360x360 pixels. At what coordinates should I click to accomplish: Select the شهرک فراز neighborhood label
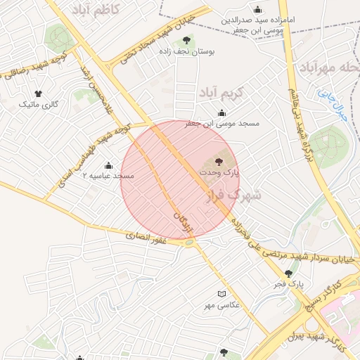pyautogui.click(x=235, y=195)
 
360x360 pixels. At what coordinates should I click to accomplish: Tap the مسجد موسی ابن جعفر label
pyautogui.click(x=222, y=123)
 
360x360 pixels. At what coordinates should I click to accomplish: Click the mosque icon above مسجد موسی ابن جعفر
pyautogui.click(x=222, y=113)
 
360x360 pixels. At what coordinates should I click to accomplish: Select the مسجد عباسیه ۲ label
pyautogui.click(x=108, y=174)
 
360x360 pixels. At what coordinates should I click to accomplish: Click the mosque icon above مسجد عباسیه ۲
pyautogui.click(x=108, y=165)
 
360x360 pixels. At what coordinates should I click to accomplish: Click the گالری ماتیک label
pyautogui.click(x=38, y=104)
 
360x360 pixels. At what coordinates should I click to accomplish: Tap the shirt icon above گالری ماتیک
pyautogui.click(x=38, y=94)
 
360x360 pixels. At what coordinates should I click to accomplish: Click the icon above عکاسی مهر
pyautogui.click(x=222, y=294)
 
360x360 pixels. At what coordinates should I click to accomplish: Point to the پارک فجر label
pyautogui.click(x=288, y=284)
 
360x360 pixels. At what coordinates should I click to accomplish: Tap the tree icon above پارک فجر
pyautogui.click(x=288, y=274)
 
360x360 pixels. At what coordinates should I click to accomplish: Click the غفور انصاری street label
pyautogui.click(x=146, y=239)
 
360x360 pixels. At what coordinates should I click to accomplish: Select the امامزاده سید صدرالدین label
pyautogui.click(x=260, y=20)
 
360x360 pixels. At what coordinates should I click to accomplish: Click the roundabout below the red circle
pyautogui.click(x=188, y=243)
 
